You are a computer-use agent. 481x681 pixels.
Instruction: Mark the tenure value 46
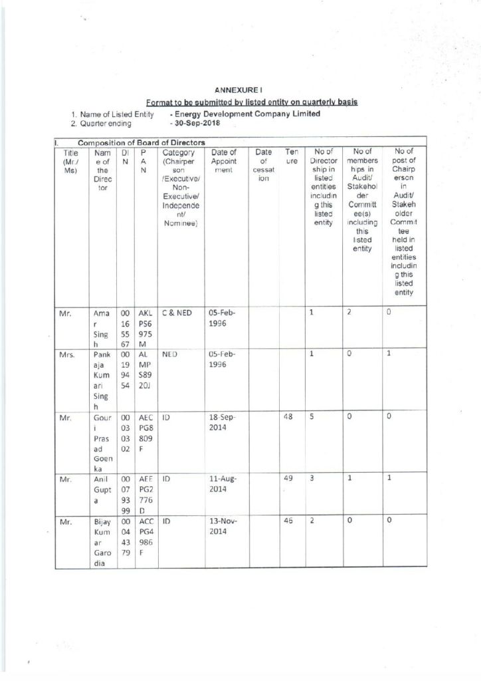tap(289, 522)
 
